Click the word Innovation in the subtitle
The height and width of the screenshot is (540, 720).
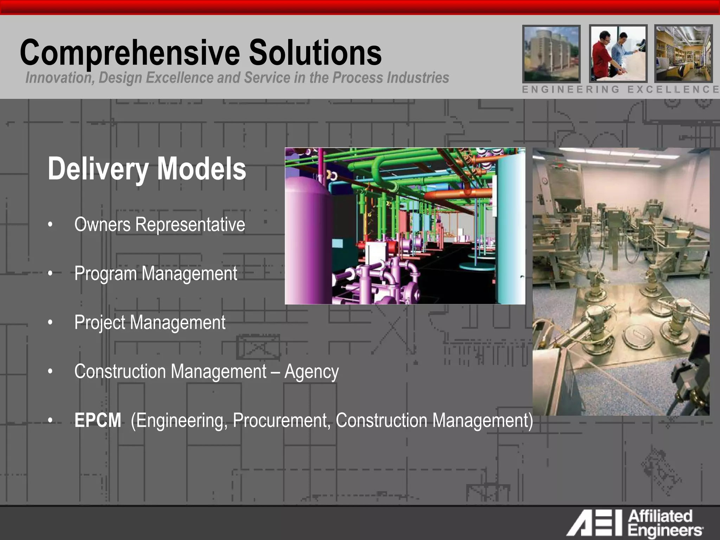click(x=58, y=78)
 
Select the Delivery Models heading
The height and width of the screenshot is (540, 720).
click(x=147, y=169)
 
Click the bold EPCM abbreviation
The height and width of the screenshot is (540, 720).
click(x=98, y=420)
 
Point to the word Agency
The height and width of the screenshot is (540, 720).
click(x=311, y=372)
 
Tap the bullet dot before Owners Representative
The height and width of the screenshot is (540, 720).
click(x=51, y=224)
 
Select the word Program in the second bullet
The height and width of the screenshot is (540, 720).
click(x=105, y=274)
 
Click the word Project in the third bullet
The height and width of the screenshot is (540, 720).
click(x=100, y=323)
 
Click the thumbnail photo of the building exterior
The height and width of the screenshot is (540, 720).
click(x=551, y=53)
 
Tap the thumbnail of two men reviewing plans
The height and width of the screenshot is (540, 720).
click(x=618, y=53)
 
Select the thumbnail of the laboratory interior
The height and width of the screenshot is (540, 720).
click(x=683, y=53)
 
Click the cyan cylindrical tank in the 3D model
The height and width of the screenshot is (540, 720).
click(x=511, y=229)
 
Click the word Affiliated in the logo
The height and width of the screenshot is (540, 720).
click(x=660, y=516)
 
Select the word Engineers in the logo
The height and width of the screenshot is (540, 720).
click(x=664, y=531)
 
